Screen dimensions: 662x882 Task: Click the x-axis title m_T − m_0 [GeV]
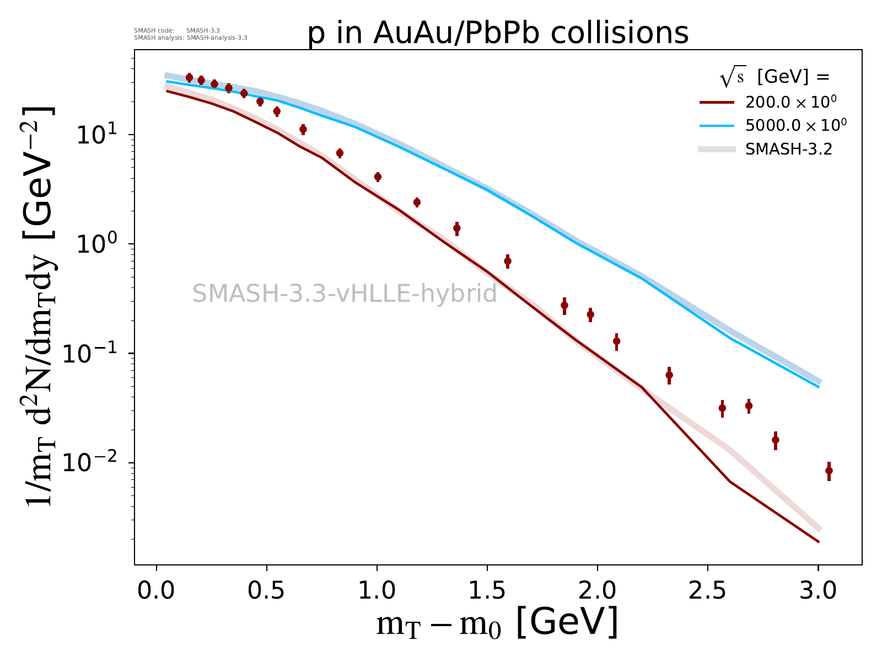click(497, 624)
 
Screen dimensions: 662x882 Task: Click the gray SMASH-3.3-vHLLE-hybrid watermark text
click(345, 293)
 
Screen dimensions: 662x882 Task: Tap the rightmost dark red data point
click(829, 471)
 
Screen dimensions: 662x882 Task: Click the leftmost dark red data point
click(189, 78)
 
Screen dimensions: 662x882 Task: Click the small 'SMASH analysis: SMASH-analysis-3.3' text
click(191, 38)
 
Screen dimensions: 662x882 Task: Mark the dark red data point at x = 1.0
click(378, 177)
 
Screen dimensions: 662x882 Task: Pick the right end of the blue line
click(819, 387)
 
